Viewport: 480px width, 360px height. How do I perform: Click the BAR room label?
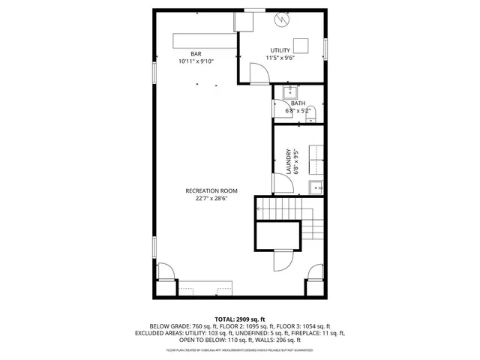point(196,53)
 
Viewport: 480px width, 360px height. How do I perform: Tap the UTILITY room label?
point(280,50)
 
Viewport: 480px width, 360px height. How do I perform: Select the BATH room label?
point(298,103)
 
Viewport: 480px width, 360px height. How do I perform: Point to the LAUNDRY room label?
point(288,160)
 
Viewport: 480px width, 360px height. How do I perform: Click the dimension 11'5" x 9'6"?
point(280,58)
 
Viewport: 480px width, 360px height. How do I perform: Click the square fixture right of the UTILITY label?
point(300,44)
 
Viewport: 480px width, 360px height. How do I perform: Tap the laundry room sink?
point(316,187)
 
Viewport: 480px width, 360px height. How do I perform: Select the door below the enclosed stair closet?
point(282,261)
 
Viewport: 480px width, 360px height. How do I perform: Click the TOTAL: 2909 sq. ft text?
point(239,319)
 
